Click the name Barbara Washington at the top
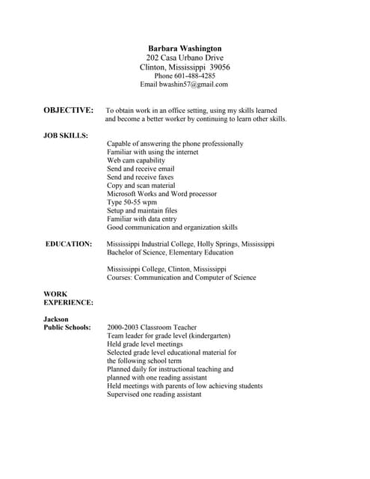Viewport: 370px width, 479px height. [x=185, y=48]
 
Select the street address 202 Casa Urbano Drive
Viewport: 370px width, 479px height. [x=185, y=58]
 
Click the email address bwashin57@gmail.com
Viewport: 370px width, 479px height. [x=194, y=85]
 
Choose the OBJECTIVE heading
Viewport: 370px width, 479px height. [x=69, y=110]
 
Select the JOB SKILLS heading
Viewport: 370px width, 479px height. [x=66, y=135]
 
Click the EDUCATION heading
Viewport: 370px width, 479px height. [x=69, y=244]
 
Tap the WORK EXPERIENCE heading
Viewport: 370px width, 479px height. [x=68, y=298]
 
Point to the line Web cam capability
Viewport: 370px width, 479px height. [x=136, y=161]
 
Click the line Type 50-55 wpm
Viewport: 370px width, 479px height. [x=132, y=202]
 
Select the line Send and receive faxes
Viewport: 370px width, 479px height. [x=141, y=177]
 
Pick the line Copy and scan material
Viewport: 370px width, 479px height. [x=141, y=186]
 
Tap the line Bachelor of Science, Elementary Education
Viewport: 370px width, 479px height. [x=170, y=252]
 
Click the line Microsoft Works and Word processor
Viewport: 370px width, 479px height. [x=162, y=194]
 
